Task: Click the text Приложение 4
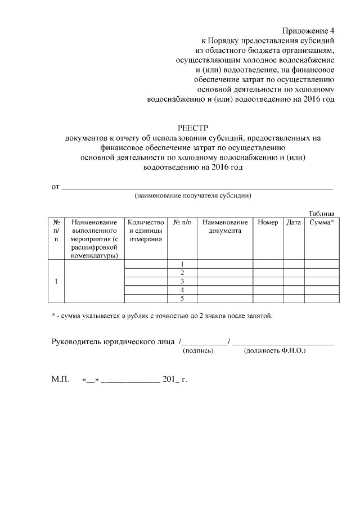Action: click(308, 30)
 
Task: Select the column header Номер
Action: click(268, 223)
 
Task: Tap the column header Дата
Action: click(294, 223)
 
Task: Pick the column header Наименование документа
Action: click(225, 227)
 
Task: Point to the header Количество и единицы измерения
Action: click(146, 231)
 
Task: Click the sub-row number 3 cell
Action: click(182, 281)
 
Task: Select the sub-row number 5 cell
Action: click(182, 298)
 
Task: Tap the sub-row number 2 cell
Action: click(182, 273)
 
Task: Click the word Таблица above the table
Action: click(321, 213)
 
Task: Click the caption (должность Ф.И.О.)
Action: click(274, 350)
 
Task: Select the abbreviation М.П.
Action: click(60, 380)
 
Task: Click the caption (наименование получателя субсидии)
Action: click(193, 196)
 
